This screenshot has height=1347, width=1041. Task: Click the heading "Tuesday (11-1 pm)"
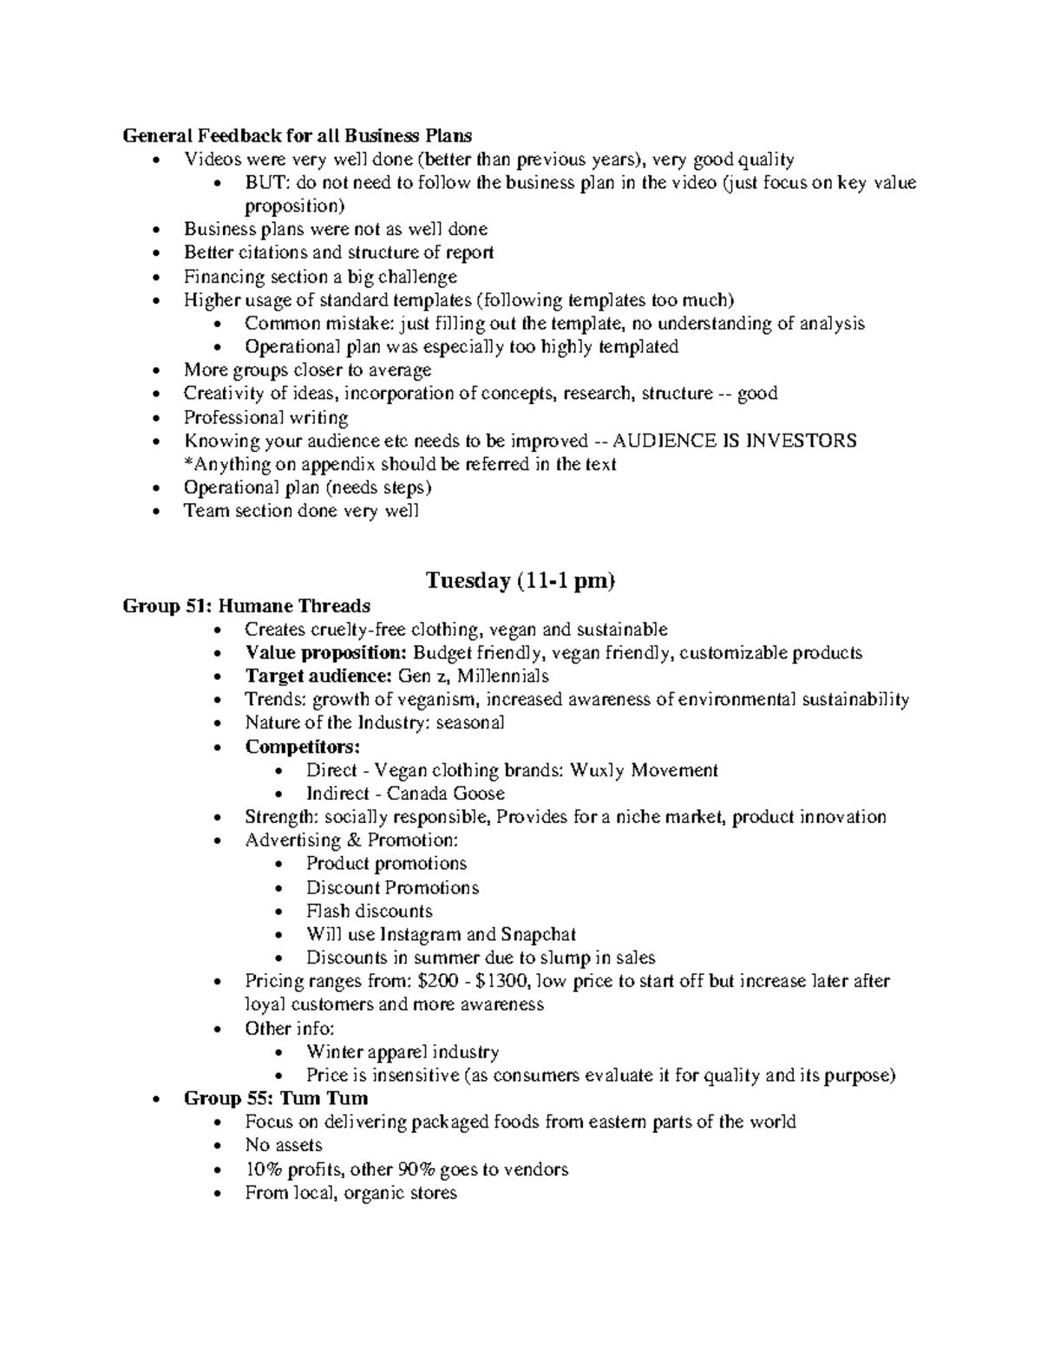(x=520, y=580)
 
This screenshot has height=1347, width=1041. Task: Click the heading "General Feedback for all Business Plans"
(x=298, y=135)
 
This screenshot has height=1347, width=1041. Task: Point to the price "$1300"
(x=507, y=981)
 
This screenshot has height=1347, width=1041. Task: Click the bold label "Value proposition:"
(x=325, y=652)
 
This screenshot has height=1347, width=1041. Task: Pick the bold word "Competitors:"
(x=302, y=747)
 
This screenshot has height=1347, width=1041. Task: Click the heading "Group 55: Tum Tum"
(x=276, y=1099)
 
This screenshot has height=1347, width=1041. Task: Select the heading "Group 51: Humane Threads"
(x=246, y=605)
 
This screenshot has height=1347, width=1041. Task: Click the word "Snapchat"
(x=538, y=934)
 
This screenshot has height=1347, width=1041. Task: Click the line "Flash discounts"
(x=369, y=911)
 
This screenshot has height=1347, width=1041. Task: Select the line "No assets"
(x=284, y=1146)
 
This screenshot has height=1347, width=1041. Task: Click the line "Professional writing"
(x=265, y=417)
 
